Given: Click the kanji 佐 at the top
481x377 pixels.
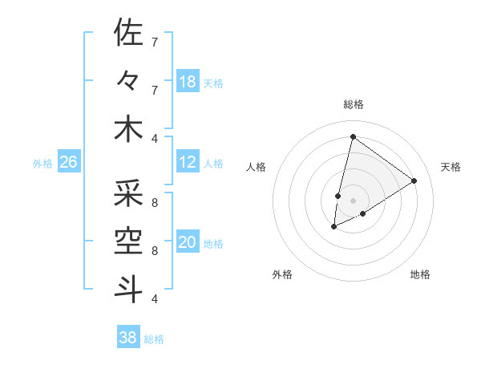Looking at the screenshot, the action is tap(127, 33).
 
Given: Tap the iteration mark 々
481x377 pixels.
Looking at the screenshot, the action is tap(127, 81).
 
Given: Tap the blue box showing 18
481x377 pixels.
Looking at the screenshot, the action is tap(188, 82).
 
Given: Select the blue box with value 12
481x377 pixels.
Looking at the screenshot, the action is tap(188, 163).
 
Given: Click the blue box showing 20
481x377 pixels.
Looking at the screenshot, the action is tap(188, 243).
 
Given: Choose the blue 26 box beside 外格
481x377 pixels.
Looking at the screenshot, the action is tap(69, 163).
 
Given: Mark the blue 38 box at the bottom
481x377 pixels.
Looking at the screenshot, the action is tap(128, 338).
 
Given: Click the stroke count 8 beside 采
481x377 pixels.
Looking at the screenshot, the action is tap(155, 202).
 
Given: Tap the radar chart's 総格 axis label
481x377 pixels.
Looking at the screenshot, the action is tap(354, 104).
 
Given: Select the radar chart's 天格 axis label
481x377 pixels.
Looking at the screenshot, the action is tap(451, 167).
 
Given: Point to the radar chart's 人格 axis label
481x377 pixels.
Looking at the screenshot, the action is tap(257, 167).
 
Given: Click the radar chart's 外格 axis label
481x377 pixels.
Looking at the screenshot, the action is tap(282, 274).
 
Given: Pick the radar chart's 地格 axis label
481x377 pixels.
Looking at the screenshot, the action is tap(420, 274).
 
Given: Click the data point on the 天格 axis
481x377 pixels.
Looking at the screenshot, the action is tap(414, 180).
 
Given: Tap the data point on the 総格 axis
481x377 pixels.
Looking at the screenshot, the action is tap(353, 137).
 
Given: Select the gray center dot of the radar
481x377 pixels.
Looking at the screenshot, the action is tap(353, 200).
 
